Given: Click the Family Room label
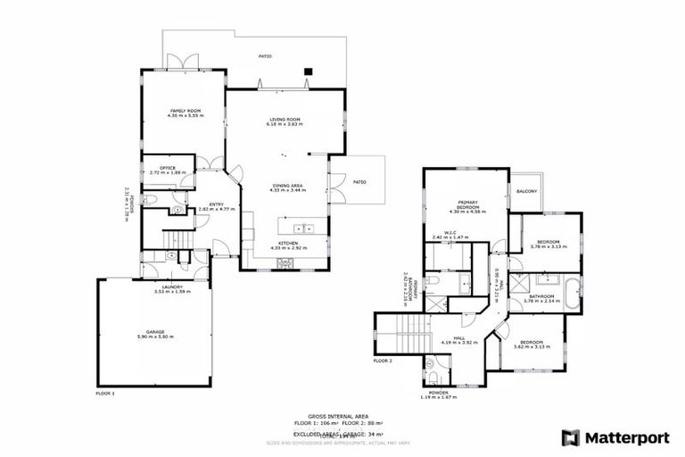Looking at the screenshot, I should pyautogui.click(x=186, y=111).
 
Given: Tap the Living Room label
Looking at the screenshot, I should pyautogui.click(x=285, y=119).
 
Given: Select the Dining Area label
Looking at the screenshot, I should pyautogui.click(x=289, y=186).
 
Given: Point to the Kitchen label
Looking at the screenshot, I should pyautogui.click(x=288, y=243).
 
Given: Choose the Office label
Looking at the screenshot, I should pyautogui.click(x=166, y=168).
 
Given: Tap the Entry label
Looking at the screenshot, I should pyautogui.click(x=216, y=204).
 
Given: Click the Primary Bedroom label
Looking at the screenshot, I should pyautogui.click(x=469, y=204).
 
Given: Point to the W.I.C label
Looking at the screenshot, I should pyautogui.click(x=443, y=233).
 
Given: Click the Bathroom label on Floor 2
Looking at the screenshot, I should pyautogui.click(x=541, y=296).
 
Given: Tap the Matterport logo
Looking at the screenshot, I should pyautogui.click(x=615, y=437).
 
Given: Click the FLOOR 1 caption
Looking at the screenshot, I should pyautogui.click(x=105, y=392).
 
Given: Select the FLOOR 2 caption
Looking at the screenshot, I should pyautogui.click(x=383, y=361).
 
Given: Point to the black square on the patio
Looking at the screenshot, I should pyautogui.click(x=308, y=71).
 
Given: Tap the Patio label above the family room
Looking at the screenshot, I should pyautogui.click(x=265, y=56).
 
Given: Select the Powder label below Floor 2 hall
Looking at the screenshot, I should pyautogui.click(x=437, y=392).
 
